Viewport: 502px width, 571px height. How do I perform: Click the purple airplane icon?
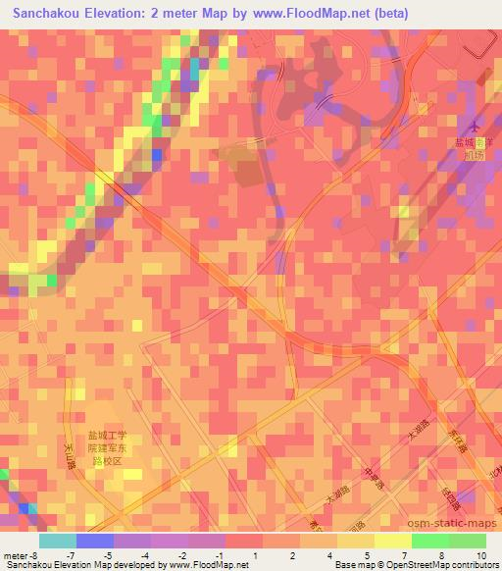(477, 127)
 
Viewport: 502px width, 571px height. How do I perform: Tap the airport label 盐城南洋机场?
(476, 148)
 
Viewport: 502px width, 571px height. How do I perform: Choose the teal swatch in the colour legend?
(58, 541)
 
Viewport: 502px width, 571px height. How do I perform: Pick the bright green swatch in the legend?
(429, 541)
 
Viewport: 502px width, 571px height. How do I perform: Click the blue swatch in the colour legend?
(94, 541)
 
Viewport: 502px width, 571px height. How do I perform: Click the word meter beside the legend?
(14, 556)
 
